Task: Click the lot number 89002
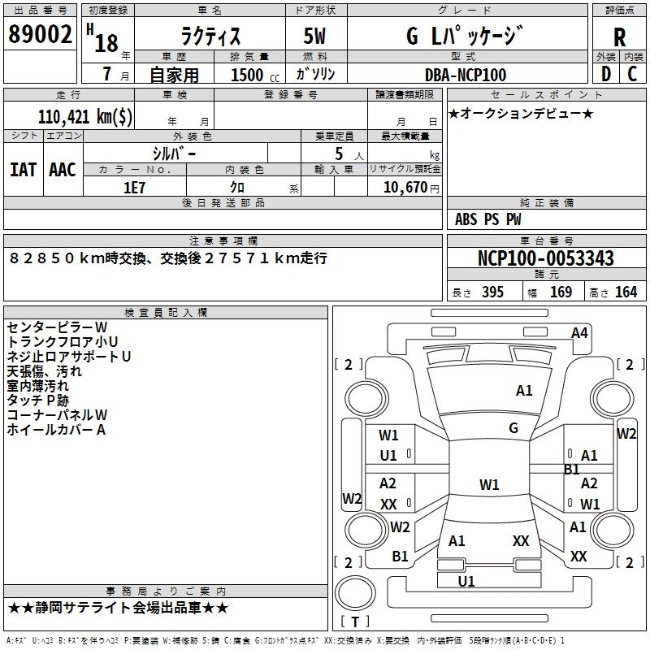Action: (40, 34)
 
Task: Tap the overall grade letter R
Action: (619, 37)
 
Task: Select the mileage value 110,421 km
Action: (85, 117)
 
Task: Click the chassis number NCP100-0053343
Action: (546, 258)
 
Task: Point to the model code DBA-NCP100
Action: (466, 75)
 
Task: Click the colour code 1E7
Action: (134, 188)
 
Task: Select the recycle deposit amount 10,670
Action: (405, 188)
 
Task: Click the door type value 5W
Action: (314, 36)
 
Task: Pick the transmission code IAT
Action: (24, 170)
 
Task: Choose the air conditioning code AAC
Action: (63, 170)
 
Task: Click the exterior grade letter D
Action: (606, 74)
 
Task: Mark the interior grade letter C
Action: (632, 74)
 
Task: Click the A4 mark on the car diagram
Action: (579, 333)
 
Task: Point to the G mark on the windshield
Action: (513, 428)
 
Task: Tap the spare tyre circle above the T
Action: (355, 593)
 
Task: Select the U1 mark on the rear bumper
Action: (466, 582)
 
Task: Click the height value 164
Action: (626, 292)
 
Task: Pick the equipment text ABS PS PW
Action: (488, 219)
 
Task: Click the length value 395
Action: (492, 292)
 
